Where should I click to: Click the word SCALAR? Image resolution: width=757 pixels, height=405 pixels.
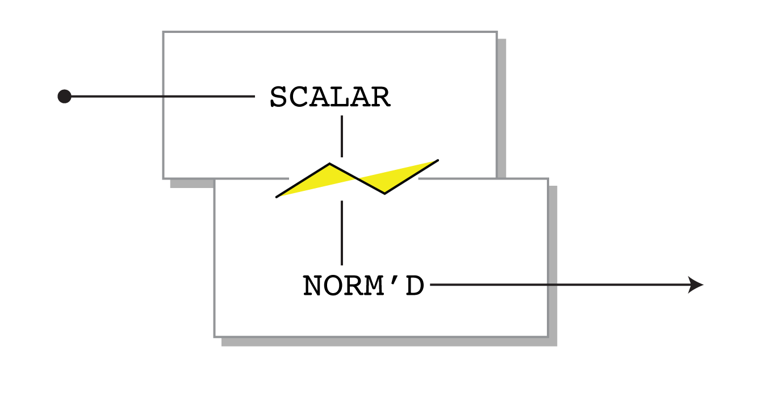[x=330, y=97]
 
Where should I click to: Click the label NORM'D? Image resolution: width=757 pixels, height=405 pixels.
[x=363, y=285]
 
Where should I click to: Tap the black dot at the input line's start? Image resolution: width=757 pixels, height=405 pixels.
[x=65, y=97]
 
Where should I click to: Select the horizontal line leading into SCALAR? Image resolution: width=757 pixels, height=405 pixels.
[x=163, y=97]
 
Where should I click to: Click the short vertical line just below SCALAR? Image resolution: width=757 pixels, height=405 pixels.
[x=342, y=136]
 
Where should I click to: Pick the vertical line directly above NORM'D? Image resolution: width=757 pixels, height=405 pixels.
[x=342, y=233]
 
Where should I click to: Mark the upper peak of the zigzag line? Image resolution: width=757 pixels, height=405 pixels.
[x=329, y=164]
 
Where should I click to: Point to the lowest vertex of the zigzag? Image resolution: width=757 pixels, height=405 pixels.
[x=384, y=193]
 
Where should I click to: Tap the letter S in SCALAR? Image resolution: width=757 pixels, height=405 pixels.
[x=278, y=97]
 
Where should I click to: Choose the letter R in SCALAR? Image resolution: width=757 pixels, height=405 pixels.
[x=381, y=97]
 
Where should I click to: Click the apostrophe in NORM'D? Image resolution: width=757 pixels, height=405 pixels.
[x=394, y=279]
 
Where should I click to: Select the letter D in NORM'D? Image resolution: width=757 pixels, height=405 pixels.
[x=415, y=285]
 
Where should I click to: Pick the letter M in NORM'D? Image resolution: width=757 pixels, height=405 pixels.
[x=372, y=285]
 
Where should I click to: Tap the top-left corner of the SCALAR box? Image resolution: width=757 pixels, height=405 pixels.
[x=163, y=32]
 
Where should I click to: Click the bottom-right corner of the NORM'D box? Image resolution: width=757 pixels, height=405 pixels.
[x=548, y=337]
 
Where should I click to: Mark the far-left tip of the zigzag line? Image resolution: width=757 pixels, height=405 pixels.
[x=277, y=197]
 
